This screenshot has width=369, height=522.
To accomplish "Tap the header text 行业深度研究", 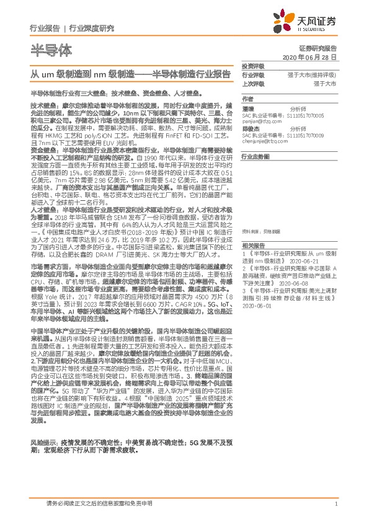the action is tap(92, 28).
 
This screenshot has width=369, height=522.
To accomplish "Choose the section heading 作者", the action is tap(248, 99).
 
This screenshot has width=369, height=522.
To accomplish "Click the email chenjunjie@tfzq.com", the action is tap(267, 144).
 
